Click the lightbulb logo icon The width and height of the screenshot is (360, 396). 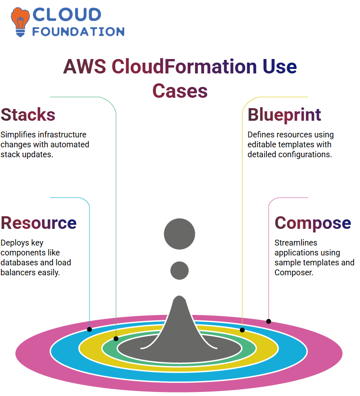20,22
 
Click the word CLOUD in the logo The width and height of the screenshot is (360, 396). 67,15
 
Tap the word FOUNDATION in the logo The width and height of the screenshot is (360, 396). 78,32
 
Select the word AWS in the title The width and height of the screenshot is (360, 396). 85,67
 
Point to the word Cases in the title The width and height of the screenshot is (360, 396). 180,91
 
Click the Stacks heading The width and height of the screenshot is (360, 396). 28,115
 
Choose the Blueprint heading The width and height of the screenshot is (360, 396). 284,115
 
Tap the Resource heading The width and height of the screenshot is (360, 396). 39,223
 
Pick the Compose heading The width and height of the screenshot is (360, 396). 313,223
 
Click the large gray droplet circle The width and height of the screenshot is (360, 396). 180,234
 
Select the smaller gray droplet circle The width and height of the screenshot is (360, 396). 180,270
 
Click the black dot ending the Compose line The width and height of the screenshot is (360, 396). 269,322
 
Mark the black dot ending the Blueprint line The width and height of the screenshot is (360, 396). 242,330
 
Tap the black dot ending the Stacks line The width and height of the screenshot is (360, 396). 116,339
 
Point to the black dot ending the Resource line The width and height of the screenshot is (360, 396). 90,329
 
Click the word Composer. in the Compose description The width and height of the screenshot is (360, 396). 294,273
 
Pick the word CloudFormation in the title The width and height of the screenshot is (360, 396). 184,67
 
